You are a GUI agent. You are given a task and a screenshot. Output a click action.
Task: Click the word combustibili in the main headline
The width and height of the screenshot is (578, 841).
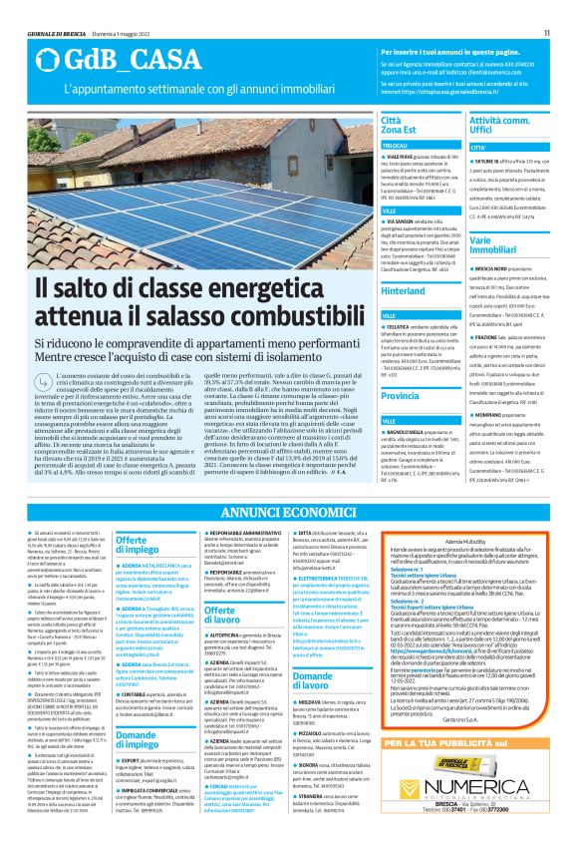[280, 313]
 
